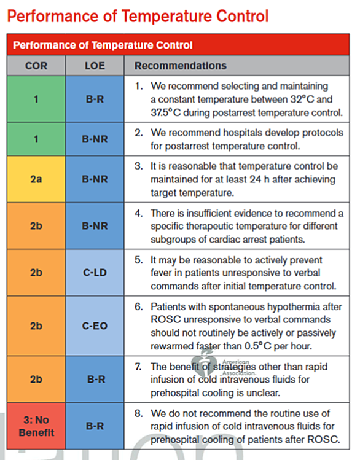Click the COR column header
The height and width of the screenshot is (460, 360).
pos(36,66)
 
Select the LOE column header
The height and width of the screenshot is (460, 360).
pos(95,66)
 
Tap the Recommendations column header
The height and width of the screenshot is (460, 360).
pos(181,66)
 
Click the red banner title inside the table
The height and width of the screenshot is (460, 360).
pos(103,45)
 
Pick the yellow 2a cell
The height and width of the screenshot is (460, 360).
pos(36,179)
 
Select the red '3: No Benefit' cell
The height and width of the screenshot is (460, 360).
pos(36,426)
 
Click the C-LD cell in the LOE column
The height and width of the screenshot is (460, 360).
pos(95,273)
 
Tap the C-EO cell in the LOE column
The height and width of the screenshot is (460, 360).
pos(95,326)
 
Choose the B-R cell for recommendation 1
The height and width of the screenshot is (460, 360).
pos(95,99)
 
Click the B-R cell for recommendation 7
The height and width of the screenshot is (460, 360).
pos(95,380)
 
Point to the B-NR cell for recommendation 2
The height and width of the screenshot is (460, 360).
pos(95,139)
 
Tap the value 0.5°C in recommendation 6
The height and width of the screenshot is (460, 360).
pos(258,346)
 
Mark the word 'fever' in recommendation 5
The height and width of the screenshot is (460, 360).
pos(162,273)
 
